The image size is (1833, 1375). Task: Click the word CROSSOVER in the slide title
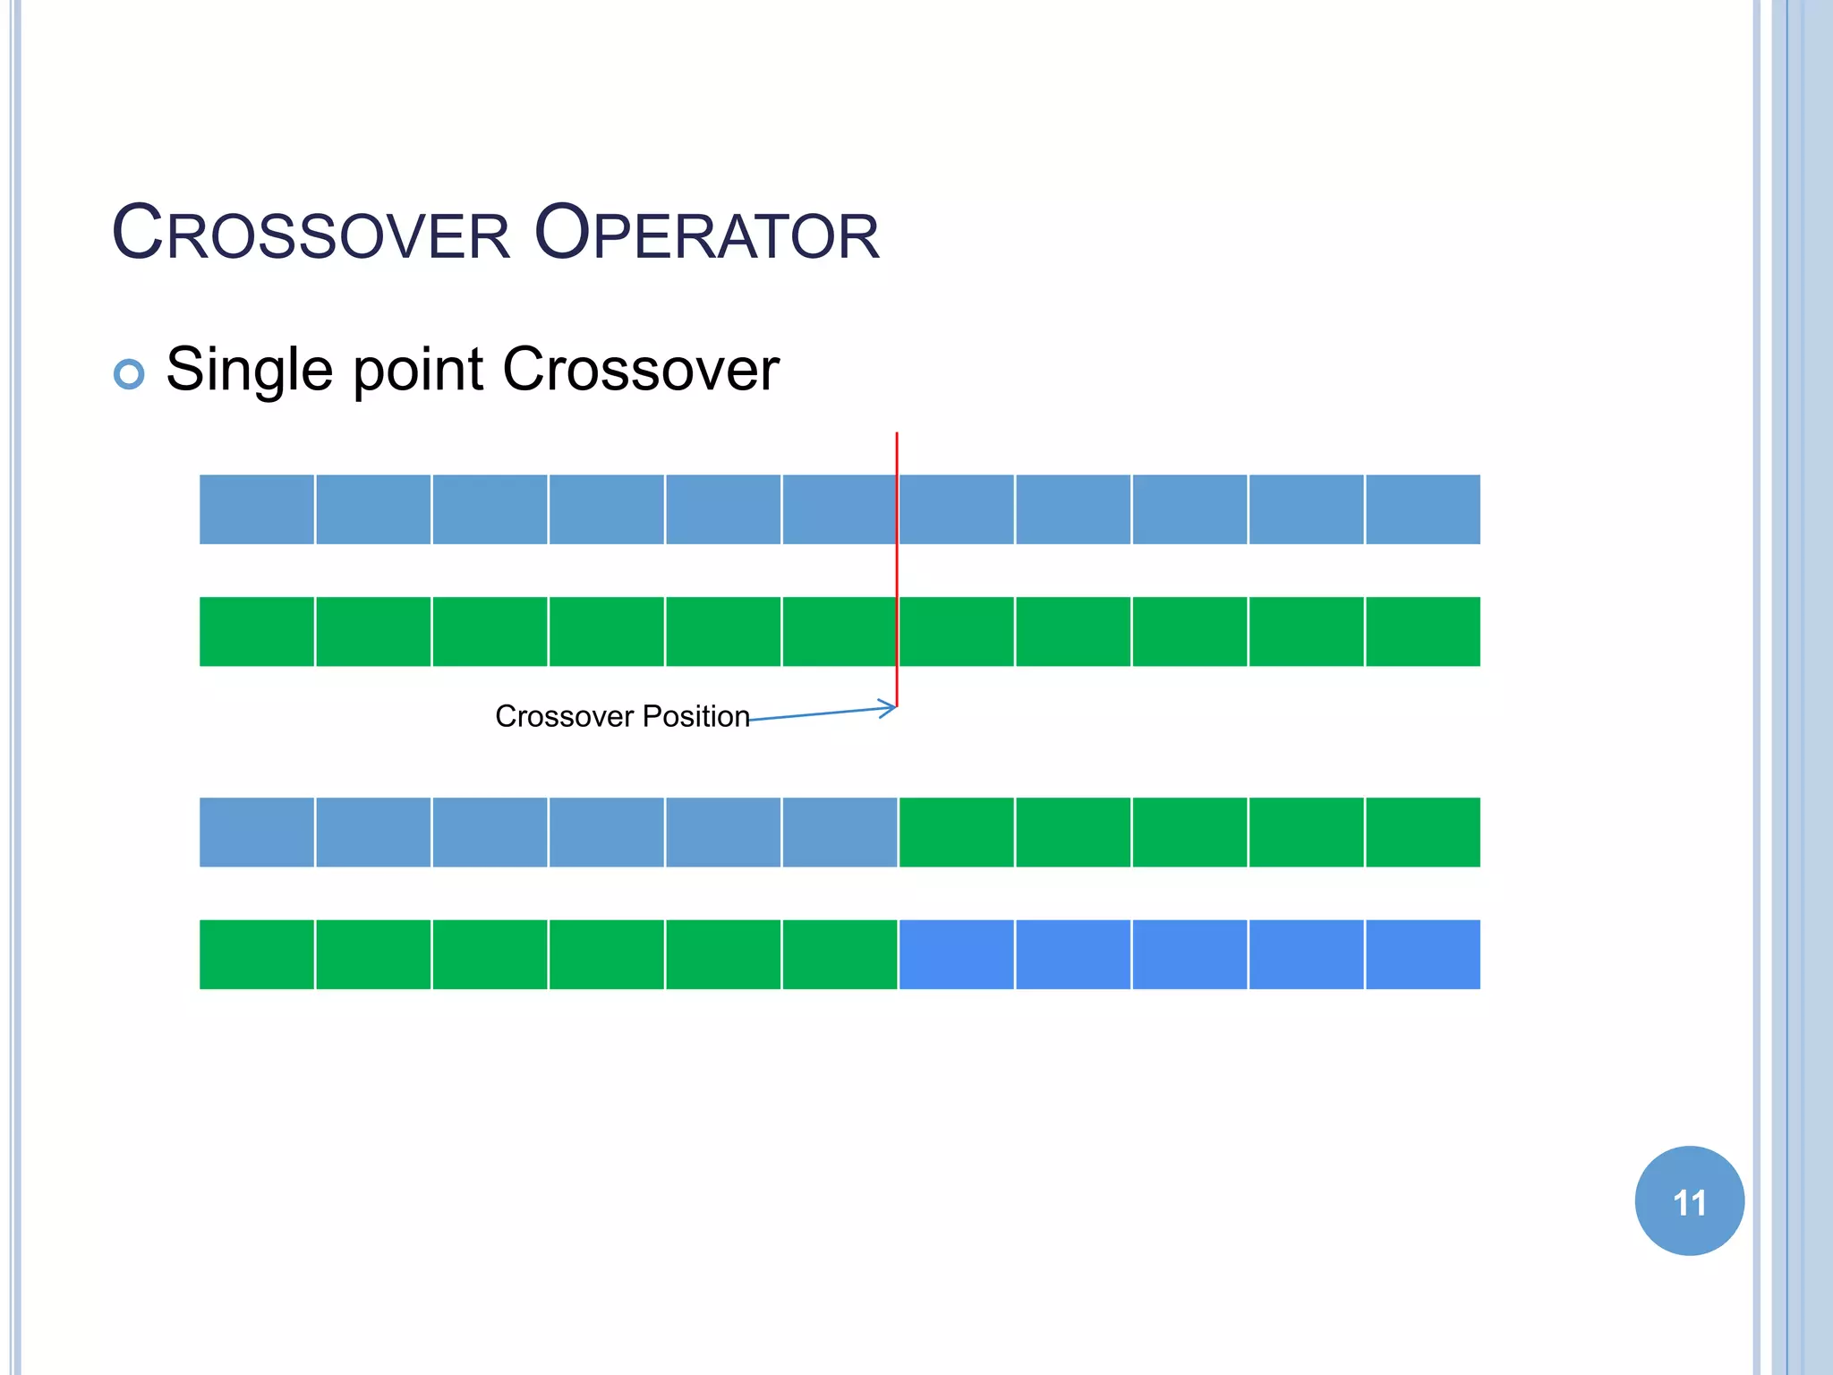point(311,234)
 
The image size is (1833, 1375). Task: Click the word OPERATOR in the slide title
point(706,234)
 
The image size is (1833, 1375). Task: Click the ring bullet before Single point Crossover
point(129,373)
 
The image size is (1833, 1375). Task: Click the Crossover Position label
point(622,716)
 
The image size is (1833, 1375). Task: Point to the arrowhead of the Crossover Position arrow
point(891,708)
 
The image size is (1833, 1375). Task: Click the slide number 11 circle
point(1689,1201)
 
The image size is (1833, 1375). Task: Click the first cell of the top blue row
point(257,509)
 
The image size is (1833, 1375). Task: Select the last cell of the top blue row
point(1423,509)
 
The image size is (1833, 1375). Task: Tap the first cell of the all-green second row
point(257,631)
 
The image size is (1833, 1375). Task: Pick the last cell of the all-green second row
point(1423,631)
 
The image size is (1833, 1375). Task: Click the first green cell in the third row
point(956,833)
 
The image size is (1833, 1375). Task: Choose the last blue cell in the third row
point(840,833)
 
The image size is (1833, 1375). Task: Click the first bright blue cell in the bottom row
point(956,954)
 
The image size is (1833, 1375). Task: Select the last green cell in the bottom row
point(840,954)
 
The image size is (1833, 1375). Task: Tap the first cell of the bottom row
point(257,954)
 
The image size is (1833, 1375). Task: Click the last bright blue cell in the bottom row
point(1423,954)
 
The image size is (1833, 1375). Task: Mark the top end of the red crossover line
point(897,435)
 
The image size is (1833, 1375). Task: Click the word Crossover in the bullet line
point(641,370)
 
